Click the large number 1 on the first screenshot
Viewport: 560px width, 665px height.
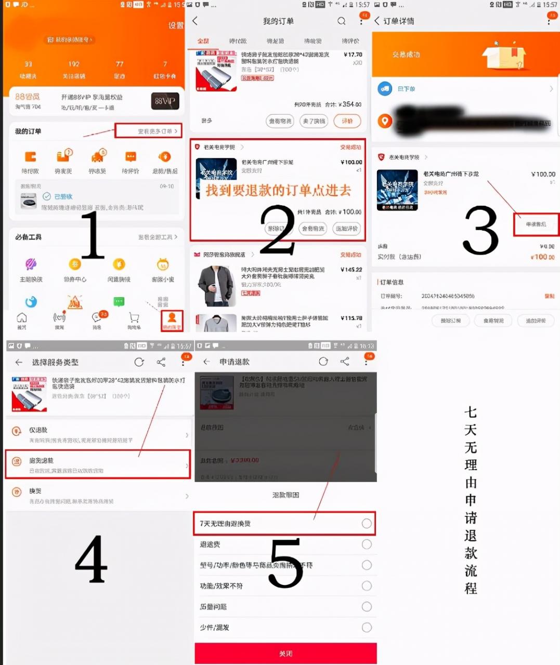[x=93, y=235]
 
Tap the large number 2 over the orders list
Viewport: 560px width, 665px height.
[x=278, y=230]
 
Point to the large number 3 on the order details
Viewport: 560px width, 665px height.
[x=480, y=230]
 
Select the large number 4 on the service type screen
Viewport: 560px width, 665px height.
[x=91, y=560]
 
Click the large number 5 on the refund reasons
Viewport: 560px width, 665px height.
[x=285, y=563]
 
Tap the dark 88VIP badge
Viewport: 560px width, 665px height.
[x=165, y=101]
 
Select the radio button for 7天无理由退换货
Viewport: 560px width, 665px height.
[x=367, y=523]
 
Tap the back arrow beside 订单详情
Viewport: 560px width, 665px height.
[x=377, y=21]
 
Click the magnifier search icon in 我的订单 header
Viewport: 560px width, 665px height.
[x=341, y=21]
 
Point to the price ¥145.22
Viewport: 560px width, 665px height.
[x=351, y=270]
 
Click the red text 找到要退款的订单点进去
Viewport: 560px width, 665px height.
[x=278, y=191]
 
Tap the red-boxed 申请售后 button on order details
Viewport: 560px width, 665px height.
[x=536, y=224]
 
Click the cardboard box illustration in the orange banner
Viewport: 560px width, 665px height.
[x=503, y=56]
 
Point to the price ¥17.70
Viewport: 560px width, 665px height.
[x=353, y=55]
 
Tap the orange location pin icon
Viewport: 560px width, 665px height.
[x=385, y=121]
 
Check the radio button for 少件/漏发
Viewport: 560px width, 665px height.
[x=367, y=627]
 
